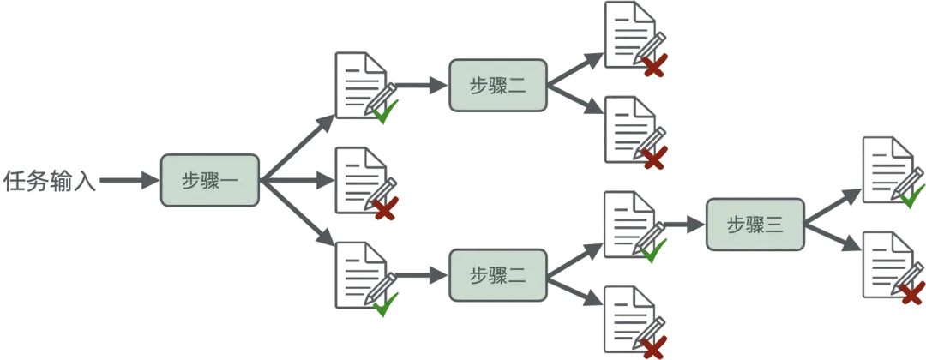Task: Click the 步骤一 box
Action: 210,180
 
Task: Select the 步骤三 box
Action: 755,225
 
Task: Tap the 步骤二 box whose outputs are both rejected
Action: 498,86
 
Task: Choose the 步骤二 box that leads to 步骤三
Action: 498,276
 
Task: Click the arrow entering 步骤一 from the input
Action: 129,181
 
